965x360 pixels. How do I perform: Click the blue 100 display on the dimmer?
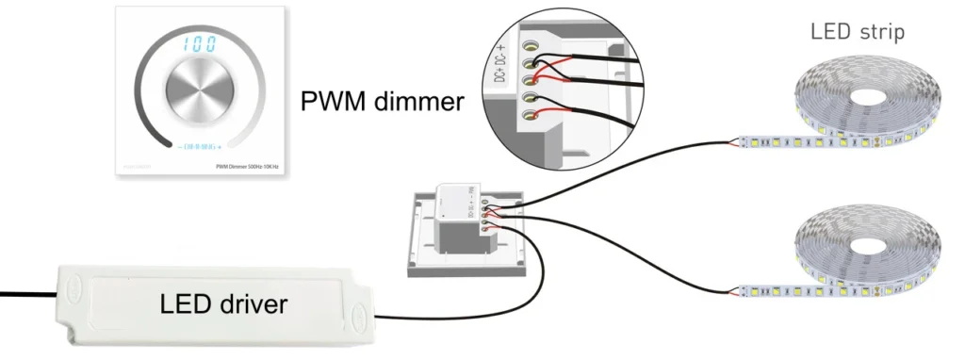(x=198, y=43)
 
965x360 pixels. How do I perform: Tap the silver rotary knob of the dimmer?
(x=198, y=94)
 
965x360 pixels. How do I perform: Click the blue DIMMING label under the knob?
(x=198, y=147)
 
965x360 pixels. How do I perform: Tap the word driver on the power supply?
(x=254, y=304)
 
